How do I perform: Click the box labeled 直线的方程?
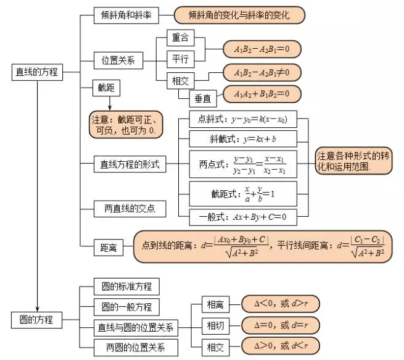pos(37,72)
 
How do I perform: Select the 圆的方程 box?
pos(36,320)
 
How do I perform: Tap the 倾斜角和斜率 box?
pos(126,15)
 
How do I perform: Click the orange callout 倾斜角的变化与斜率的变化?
pos(239,15)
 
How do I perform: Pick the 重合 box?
pos(180,38)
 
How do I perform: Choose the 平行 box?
pos(180,59)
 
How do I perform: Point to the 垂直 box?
pos(203,99)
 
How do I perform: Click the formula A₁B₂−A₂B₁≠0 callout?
pos(262,73)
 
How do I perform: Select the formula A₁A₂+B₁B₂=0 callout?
pos(262,94)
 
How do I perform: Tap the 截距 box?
pos(106,88)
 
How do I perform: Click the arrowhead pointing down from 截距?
pos(110,107)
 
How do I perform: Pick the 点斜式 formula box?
pos(243,119)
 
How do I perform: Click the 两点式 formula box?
pos(243,164)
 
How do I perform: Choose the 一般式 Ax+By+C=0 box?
pos(243,217)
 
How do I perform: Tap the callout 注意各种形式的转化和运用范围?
pos(353,161)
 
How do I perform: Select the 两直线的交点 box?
pos(130,209)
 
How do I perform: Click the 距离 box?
pos(109,248)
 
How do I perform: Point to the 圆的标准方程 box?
pos(126,287)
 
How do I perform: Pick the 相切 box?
pos(215,325)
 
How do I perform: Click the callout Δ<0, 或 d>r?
pos(281,304)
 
